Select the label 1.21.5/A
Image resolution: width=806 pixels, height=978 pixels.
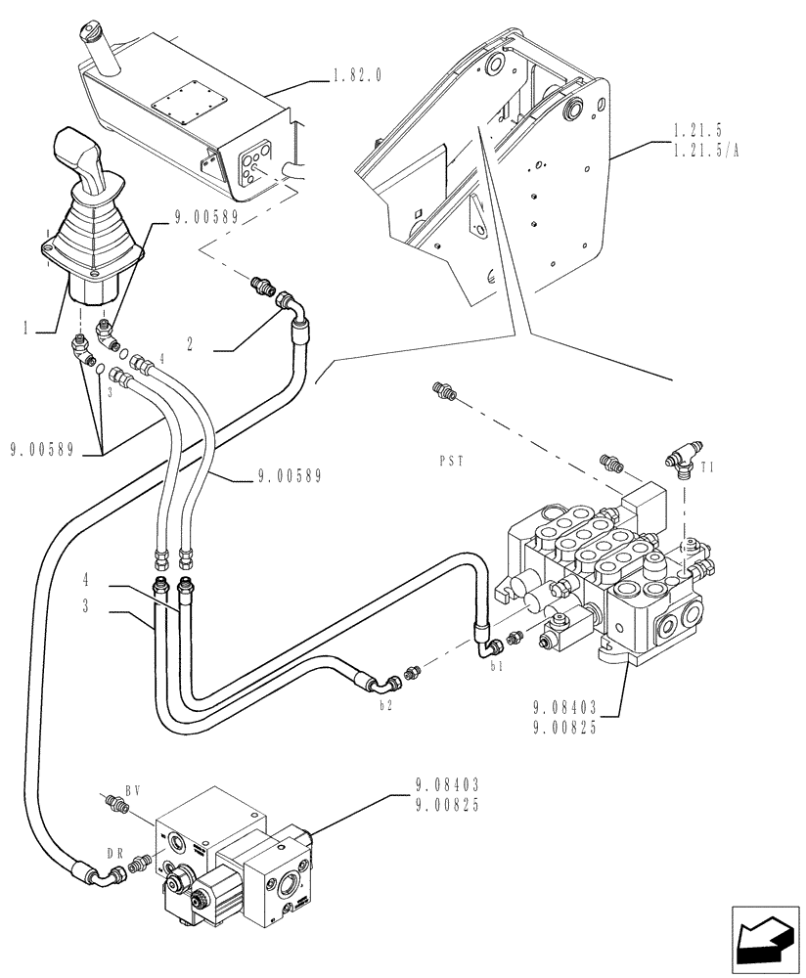[706, 149]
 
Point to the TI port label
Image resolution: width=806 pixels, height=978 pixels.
[708, 468]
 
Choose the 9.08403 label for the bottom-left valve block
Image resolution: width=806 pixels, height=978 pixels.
[446, 783]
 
